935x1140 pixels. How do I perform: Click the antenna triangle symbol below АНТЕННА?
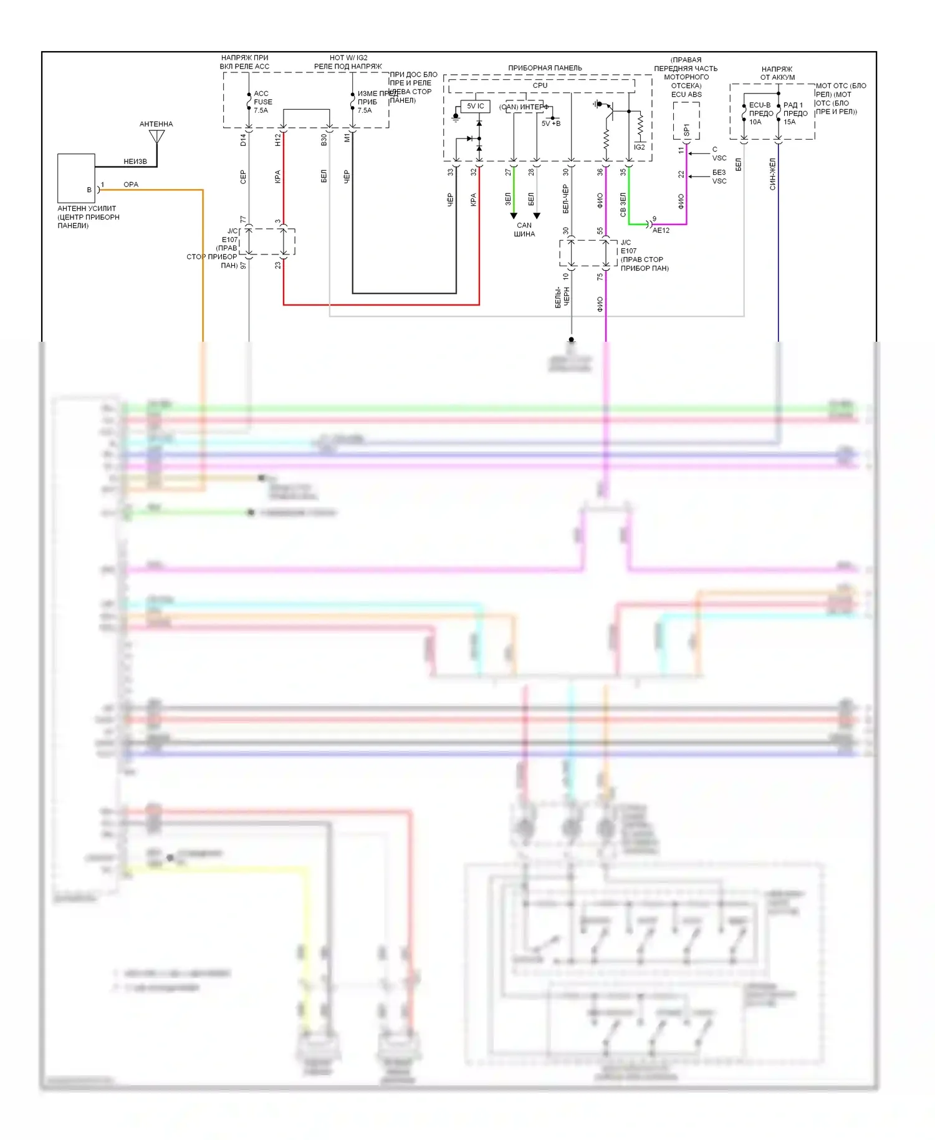(x=157, y=136)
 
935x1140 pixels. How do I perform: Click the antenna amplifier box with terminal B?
(x=76, y=178)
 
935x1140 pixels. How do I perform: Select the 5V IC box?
(x=476, y=107)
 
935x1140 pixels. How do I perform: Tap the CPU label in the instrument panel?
(x=540, y=85)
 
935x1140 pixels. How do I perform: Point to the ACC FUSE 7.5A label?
(x=262, y=102)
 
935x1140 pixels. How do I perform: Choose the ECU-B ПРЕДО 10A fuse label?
(x=760, y=114)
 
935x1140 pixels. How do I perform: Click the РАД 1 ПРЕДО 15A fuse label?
(x=795, y=114)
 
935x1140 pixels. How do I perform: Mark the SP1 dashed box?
(x=686, y=121)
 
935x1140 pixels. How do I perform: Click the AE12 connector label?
(x=661, y=230)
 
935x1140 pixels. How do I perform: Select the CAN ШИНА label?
(x=524, y=229)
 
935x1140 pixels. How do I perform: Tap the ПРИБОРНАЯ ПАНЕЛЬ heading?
(x=545, y=68)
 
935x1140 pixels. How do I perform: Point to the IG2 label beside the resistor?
(x=640, y=147)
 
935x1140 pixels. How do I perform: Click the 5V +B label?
(x=551, y=123)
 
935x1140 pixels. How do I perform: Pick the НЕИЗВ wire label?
(x=135, y=162)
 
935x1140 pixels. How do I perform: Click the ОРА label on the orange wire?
(x=131, y=185)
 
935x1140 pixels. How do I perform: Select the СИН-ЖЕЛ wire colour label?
(x=772, y=174)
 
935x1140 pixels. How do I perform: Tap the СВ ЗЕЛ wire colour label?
(x=623, y=205)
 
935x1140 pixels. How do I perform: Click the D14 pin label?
(x=243, y=140)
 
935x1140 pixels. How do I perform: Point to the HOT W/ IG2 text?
(x=348, y=58)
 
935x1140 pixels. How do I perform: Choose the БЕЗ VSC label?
(x=719, y=176)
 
